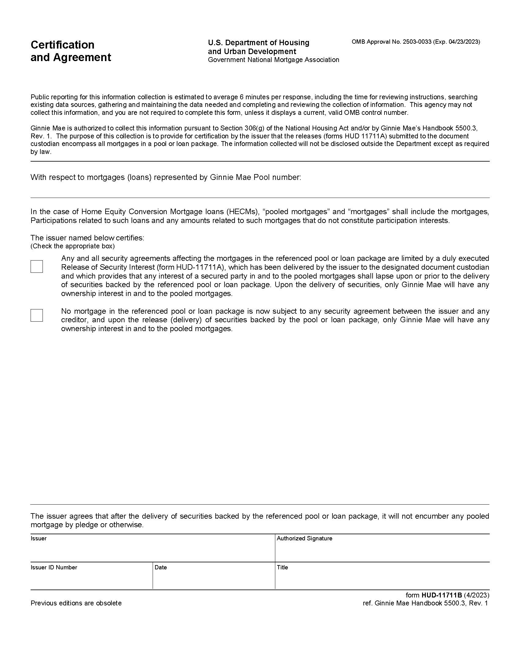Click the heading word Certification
[62, 45]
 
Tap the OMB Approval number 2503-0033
[417, 42]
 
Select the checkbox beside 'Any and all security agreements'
[37, 266]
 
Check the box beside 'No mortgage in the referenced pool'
[37, 316]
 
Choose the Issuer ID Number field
[91, 580]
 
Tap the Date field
[214, 580]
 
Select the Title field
[382, 580]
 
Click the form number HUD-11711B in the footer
[442, 595]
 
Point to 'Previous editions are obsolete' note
[76, 603]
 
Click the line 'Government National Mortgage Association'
[273, 60]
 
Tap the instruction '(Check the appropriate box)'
[72, 246]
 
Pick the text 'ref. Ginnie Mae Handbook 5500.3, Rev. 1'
[425, 603]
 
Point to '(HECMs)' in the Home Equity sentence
[243, 212]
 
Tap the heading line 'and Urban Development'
[252, 51]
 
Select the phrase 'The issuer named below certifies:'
[87, 238]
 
